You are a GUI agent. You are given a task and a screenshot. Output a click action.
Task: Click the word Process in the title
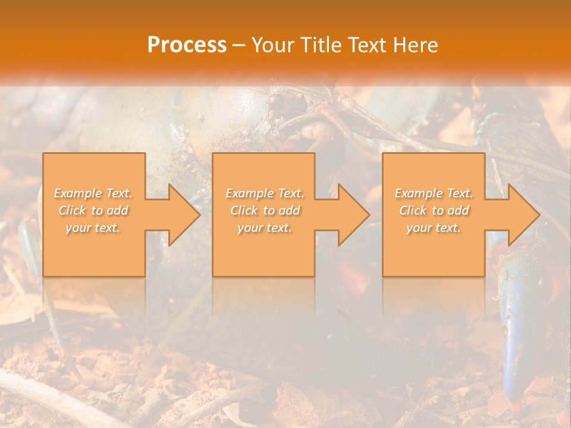click(x=187, y=45)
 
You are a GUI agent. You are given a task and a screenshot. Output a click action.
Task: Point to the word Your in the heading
click(x=274, y=45)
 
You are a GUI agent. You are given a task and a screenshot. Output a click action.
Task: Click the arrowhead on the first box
click(x=182, y=215)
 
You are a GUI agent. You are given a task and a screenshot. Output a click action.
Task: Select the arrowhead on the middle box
click(x=352, y=215)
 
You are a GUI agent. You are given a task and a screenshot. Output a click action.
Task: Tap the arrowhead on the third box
click(x=521, y=215)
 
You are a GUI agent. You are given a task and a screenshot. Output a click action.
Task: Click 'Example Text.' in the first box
click(x=93, y=193)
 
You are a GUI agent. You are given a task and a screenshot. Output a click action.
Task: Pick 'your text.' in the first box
click(x=93, y=228)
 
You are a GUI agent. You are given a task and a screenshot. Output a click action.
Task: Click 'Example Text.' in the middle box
click(x=265, y=193)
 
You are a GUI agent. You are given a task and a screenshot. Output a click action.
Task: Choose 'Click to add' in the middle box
click(x=265, y=210)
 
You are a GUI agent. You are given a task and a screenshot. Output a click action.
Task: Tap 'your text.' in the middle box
click(x=265, y=228)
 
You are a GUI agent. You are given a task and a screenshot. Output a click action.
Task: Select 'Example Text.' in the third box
click(x=434, y=193)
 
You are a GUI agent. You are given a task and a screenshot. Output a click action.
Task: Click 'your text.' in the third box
click(x=434, y=228)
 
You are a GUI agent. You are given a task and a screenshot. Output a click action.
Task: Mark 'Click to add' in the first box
click(x=93, y=210)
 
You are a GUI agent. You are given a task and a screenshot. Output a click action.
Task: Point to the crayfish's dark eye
click(x=275, y=102)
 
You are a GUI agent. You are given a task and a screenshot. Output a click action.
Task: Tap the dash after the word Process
click(x=238, y=45)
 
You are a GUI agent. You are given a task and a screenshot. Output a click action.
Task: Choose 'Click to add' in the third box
click(x=434, y=210)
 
